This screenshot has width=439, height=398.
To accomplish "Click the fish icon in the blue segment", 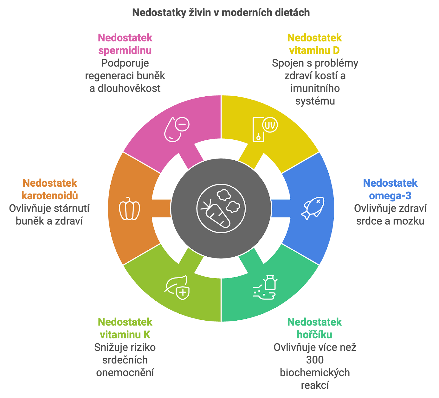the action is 313,208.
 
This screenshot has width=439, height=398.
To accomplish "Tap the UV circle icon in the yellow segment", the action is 270,125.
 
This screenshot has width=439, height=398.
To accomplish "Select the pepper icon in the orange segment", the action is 129,209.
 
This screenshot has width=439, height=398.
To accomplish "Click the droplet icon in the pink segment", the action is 173,129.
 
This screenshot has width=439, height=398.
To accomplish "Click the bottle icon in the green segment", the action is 270,283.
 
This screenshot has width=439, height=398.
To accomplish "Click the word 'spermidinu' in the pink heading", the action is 125,51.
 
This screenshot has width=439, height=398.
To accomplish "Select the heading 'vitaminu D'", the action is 314,51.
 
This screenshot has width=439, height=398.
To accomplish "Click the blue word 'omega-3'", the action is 390,196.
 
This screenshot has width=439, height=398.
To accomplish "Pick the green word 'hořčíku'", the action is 314,335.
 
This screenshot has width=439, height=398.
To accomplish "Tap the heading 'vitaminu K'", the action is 125,335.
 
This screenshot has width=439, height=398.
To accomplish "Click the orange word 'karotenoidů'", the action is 50,196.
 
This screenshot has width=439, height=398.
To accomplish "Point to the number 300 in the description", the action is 315,360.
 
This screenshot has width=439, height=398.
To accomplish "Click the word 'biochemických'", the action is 315,373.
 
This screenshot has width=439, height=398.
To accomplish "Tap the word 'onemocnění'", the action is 125,373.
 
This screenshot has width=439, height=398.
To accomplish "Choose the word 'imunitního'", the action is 315,88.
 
